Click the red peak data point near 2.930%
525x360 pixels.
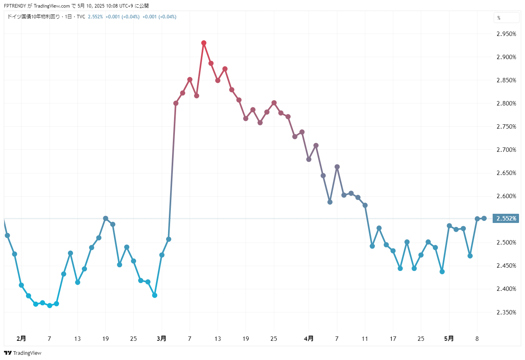204,43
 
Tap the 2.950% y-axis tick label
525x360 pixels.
506,34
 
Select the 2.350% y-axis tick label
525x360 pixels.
506,312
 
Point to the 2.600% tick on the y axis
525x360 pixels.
506,196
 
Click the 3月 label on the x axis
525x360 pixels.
162,338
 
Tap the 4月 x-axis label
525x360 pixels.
309,338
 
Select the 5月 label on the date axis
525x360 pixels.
449,338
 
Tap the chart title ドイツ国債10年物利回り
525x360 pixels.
34,17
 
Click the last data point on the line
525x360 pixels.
484,218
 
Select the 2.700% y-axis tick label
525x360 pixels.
506,150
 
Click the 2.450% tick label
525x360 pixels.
506,266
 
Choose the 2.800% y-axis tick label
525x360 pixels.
506,103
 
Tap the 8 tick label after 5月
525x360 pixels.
477,338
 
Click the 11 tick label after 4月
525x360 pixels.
365,338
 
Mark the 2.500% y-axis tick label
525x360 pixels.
506,243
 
